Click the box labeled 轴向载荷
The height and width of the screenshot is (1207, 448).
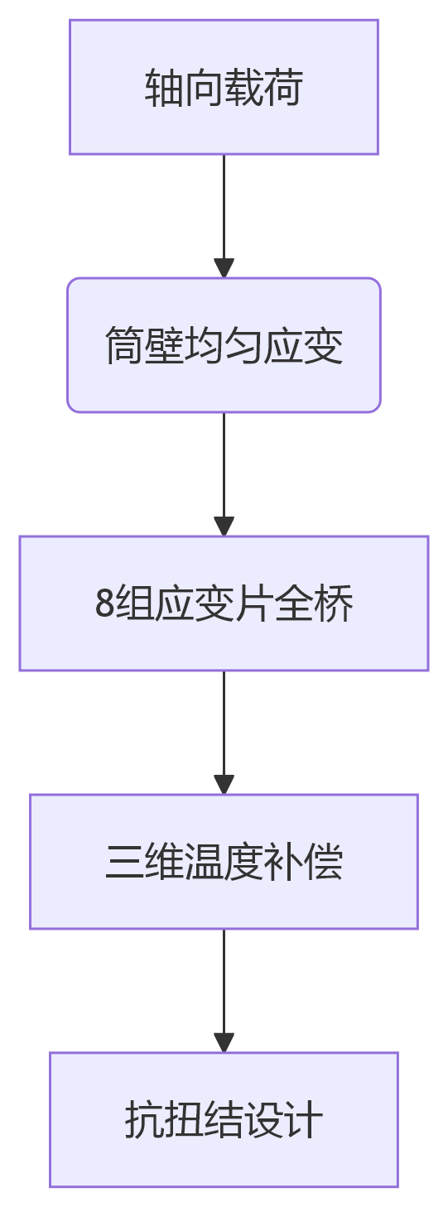(224, 87)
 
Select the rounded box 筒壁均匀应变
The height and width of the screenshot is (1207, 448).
(224, 344)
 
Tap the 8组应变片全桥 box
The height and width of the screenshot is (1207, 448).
(224, 603)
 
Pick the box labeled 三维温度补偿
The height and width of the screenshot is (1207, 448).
(224, 861)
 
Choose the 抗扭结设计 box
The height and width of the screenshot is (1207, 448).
(224, 1119)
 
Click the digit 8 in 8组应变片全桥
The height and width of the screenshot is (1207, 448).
(104, 603)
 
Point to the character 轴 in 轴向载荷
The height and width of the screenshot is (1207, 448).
(164, 88)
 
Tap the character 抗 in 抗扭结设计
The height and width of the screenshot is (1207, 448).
(144, 1120)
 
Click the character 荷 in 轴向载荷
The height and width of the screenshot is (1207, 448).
(283, 88)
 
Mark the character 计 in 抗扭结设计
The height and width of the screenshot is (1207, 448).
(303, 1120)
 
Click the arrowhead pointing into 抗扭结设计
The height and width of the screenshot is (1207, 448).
(224, 1042)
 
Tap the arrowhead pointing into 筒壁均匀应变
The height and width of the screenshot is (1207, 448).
(224, 268)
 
